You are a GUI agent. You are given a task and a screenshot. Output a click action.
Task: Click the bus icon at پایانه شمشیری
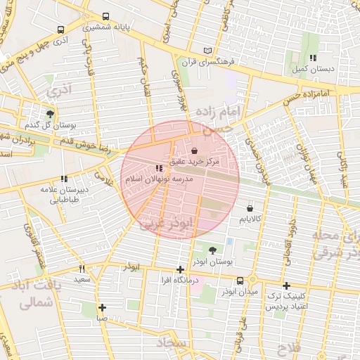pyautogui.click(x=106, y=16)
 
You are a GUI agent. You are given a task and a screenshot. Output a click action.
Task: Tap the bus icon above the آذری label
pyautogui.click(x=60, y=30)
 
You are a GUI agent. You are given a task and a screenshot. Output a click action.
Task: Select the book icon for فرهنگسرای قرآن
pyautogui.click(x=206, y=51)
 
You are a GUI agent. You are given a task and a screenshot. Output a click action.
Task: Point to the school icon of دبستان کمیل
pyautogui.click(x=312, y=58)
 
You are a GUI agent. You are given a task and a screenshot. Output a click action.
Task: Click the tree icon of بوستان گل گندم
pyautogui.click(x=49, y=113)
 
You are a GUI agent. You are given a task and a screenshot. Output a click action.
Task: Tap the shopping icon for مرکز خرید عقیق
pyautogui.click(x=194, y=150)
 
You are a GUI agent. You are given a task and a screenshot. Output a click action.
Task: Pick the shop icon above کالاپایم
pyautogui.click(x=251, y=207)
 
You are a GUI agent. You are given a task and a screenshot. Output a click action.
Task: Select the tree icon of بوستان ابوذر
pyautogui.click(x=212, y=250)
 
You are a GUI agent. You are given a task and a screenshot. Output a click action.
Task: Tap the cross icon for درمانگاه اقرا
pyautogui.click(x=181, y=269)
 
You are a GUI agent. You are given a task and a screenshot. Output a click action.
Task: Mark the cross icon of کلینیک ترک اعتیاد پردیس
pyautogui.click(x=285, y=285)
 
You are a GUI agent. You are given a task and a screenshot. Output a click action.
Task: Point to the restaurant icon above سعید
pyautogui.click(x=82, y=269)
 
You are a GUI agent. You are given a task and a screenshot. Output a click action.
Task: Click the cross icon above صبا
pyautogui.click(x=103, y=307)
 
